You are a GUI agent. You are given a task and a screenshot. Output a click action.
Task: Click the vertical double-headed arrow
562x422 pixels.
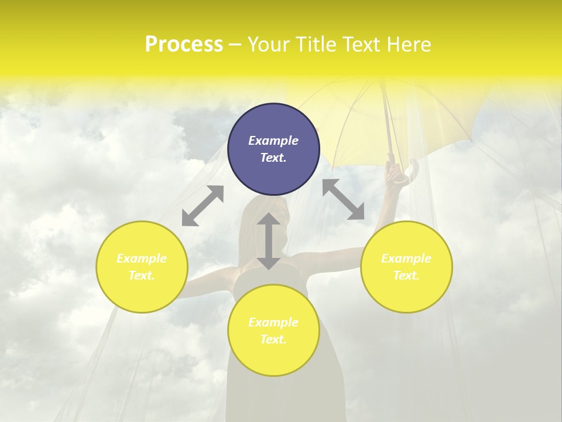pos(269,241)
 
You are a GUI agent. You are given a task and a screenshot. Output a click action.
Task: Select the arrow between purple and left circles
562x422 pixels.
pos(203,206)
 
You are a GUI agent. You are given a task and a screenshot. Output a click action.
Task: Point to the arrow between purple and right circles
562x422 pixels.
pos(344,199)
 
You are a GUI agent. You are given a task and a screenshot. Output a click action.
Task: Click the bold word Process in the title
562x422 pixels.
pos(184,45)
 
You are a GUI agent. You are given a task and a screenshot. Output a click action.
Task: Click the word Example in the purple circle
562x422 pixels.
pos(273,141)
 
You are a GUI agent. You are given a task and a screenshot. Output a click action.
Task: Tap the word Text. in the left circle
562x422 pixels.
pos(142,275)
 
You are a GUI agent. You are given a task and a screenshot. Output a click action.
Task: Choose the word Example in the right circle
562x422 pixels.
pos(406,258)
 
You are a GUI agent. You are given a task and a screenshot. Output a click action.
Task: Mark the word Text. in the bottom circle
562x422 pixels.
pos(273,339)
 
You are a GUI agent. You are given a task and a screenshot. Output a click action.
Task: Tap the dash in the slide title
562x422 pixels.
pos(235,45)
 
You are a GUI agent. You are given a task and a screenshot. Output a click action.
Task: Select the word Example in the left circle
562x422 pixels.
pos(142,258)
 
